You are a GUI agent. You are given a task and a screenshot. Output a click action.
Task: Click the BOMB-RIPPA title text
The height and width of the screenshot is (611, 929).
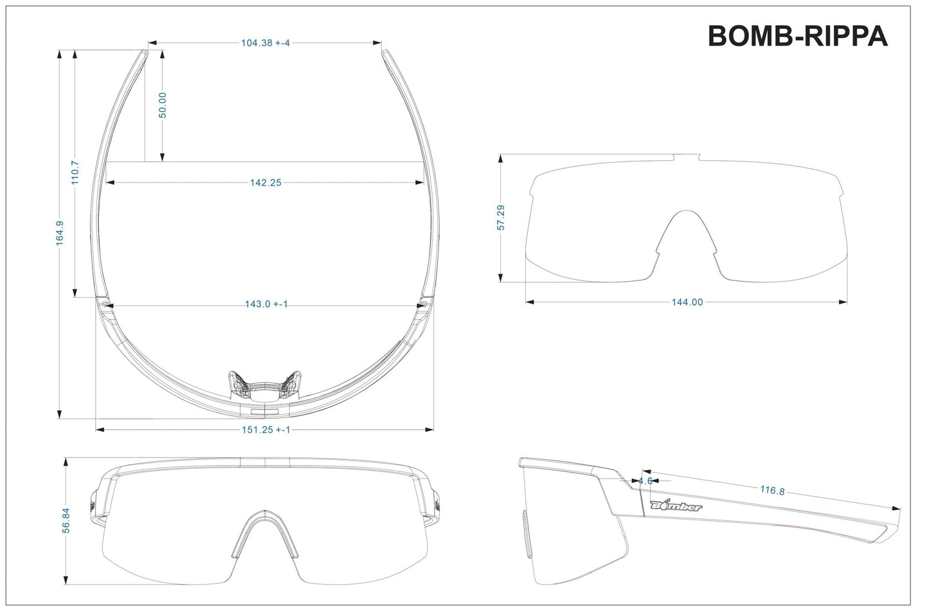pos(797,37)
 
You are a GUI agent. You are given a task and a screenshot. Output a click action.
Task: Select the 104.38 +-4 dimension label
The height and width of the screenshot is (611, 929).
pos(265,43)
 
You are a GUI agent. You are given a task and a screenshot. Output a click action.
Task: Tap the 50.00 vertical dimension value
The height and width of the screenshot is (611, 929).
pos(163,105)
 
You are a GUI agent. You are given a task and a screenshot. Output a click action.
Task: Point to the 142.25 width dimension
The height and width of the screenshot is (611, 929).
pos(266,183)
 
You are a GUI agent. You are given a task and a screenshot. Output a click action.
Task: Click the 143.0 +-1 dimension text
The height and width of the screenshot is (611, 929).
pos(266,304)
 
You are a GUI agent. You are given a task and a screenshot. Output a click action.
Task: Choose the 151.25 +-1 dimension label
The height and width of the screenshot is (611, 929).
pos(266,430)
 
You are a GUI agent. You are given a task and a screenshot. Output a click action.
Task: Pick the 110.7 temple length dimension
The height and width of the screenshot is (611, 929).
pos(75,173)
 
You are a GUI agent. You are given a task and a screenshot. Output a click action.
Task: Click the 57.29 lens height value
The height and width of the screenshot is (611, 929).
pos(501,217)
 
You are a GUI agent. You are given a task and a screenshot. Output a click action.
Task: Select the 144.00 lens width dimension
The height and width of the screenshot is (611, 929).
pos(687,302)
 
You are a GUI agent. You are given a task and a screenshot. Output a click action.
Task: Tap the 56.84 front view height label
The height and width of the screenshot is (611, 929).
pos(66,520)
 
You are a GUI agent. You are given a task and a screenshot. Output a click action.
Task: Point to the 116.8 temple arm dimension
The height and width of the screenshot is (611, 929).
pos(772,491)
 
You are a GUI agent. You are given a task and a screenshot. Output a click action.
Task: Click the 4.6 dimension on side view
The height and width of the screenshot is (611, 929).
pos(645,480)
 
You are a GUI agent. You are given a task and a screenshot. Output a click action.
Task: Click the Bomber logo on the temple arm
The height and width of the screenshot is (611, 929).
pos(676,506)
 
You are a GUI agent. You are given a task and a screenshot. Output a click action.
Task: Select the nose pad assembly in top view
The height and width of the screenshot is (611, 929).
pos(264,385)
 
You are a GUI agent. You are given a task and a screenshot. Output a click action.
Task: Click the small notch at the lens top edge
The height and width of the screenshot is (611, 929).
pos(686,157)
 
